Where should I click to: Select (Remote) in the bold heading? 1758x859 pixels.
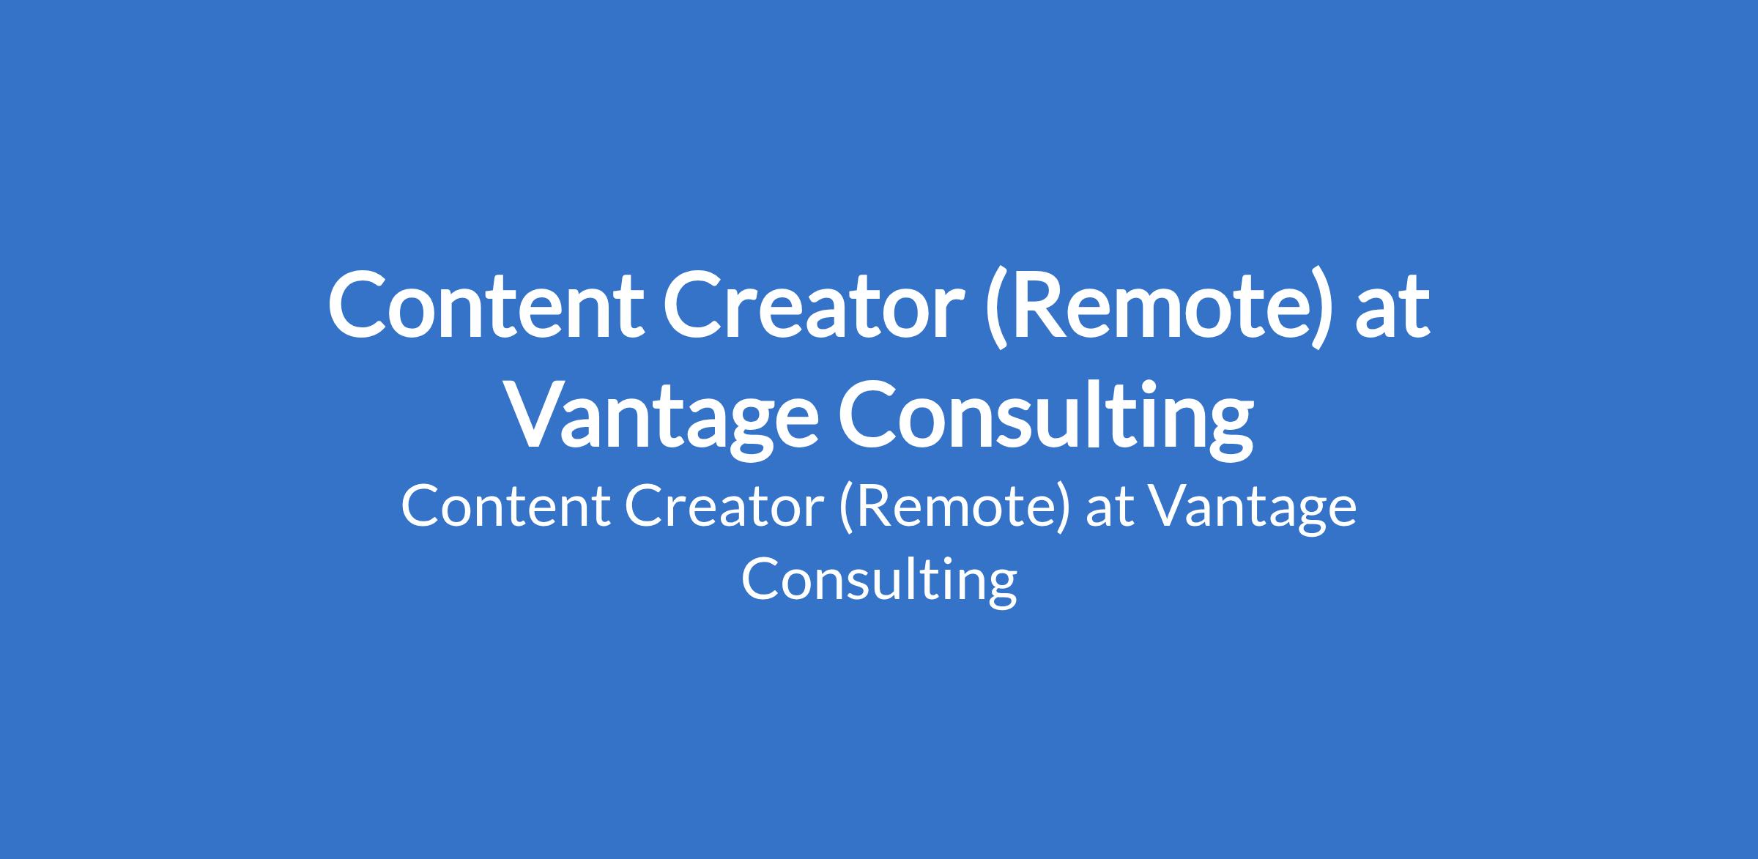(1157, 308)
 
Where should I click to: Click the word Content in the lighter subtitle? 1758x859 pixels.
(505, 507)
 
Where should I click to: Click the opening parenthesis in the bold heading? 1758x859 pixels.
(998, 308)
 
